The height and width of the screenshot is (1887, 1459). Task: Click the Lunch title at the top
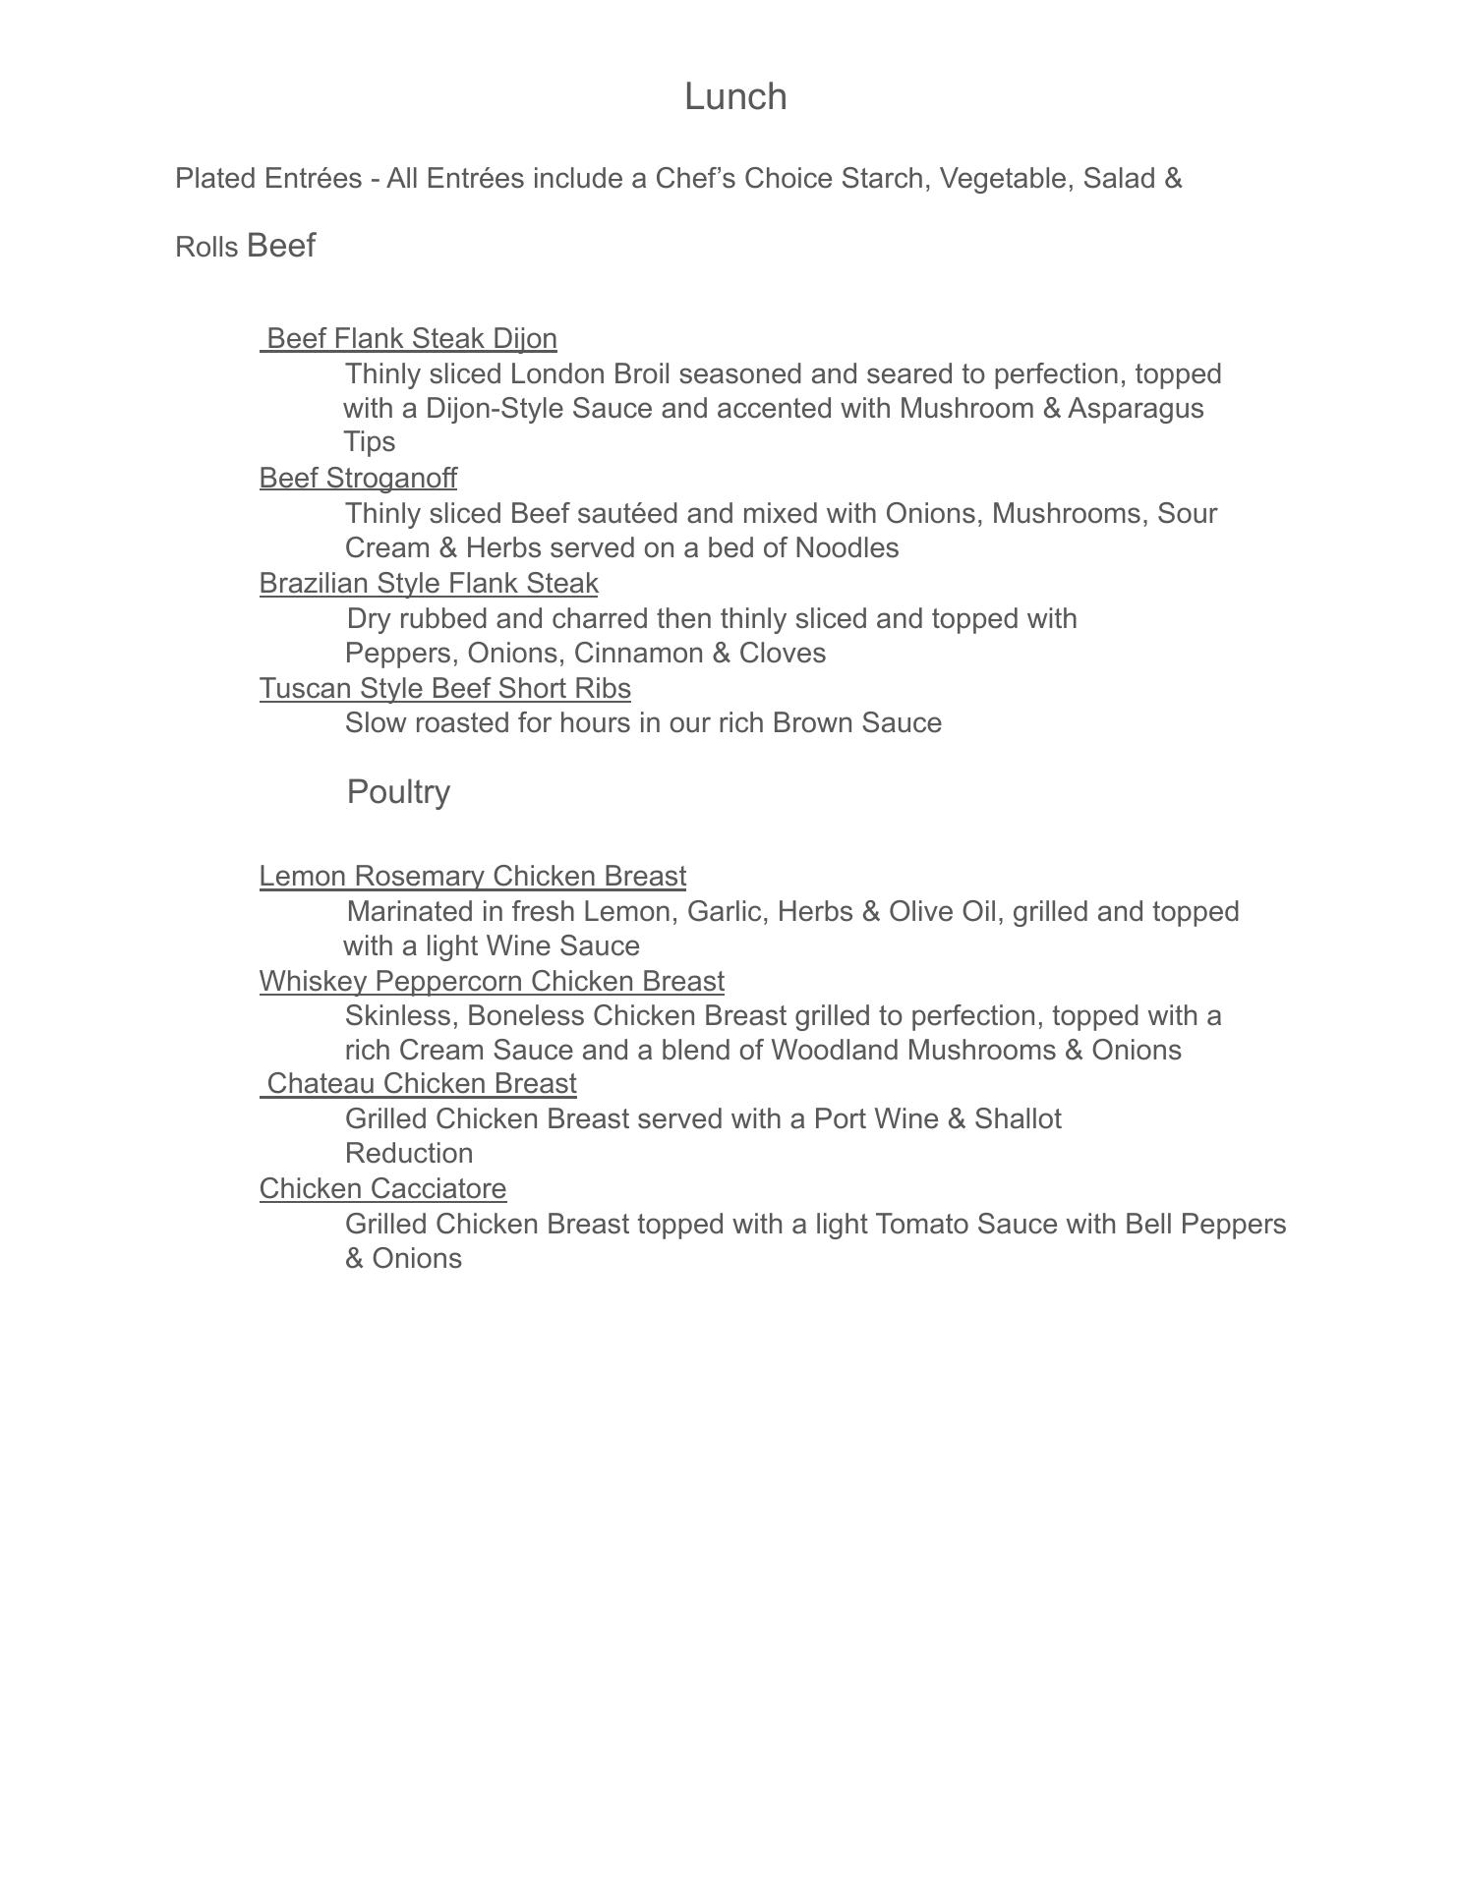pyautogui.click(x=734, y=96)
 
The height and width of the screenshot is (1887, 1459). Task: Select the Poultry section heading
pyautogui.click(x=398, y=792)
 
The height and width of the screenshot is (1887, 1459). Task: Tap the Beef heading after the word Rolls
pyautogui.click(x=281, y=246)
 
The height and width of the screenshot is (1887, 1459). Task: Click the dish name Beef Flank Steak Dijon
pyautogui.click(x=411, y=339)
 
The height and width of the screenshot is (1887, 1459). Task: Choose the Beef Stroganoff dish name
pyautogui.click(x=358, y=479)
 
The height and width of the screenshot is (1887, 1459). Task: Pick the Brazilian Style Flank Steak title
pyautogui.click(x=429, y=584)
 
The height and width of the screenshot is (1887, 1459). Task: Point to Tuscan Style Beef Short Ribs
pyautogui.click(x=444, y=689)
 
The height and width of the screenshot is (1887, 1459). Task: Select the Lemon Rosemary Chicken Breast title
pyautogui.click(x=472, y=877)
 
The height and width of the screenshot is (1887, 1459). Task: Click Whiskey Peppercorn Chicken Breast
pyautogui.click(x=492, y=982)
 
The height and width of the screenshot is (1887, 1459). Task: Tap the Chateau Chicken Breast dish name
pyautogui.click(x=421, y=1084)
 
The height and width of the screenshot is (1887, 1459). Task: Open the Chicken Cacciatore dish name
pyautogui.click(x=382, y=1189)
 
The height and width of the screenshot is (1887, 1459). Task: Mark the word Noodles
pyautogui.click(x=846, y=548)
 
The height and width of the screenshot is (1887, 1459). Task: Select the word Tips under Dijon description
pyautogui.click(x=370, y=442)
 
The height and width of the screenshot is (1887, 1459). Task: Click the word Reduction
pyautogui.click(x=409, y=1154)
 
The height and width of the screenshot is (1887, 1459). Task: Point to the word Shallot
pyautogui.click(x=1018, y=1119)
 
